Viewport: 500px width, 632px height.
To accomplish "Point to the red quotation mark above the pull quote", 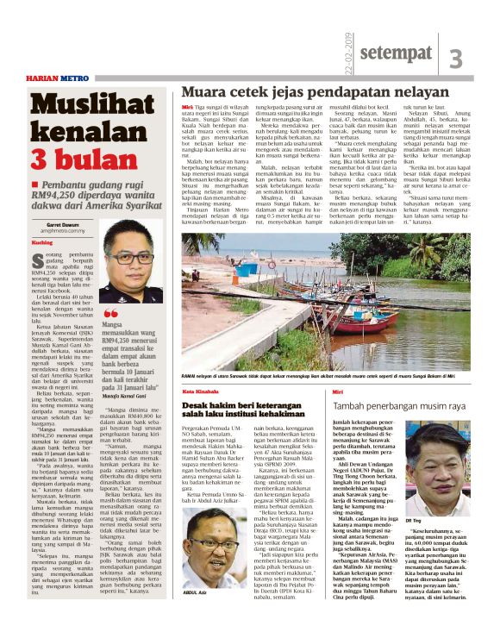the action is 109,315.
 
